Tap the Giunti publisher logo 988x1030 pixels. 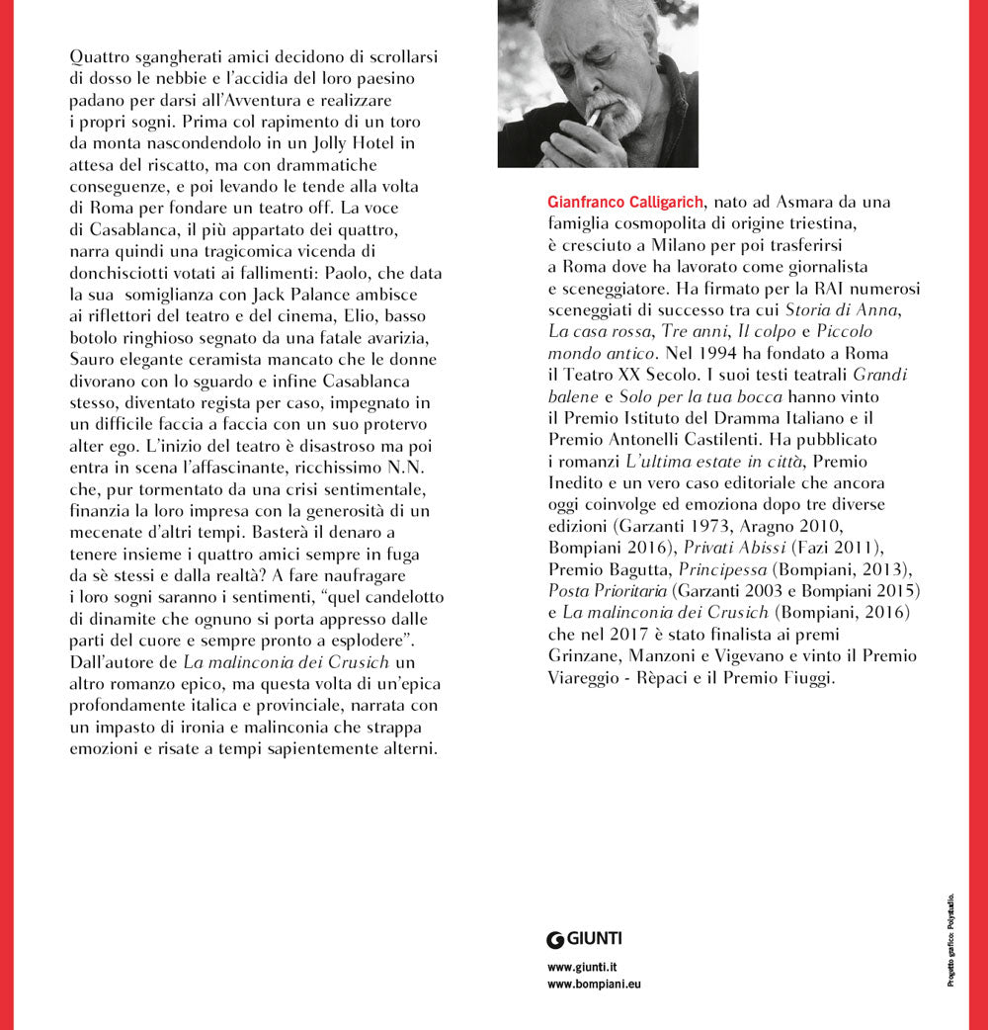coord(584,938)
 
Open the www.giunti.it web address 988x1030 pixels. coord(583,967)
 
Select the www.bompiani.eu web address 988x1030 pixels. coord(594,985)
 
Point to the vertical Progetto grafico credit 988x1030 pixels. coord(950,939)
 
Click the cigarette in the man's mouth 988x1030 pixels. coord(593,118)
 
